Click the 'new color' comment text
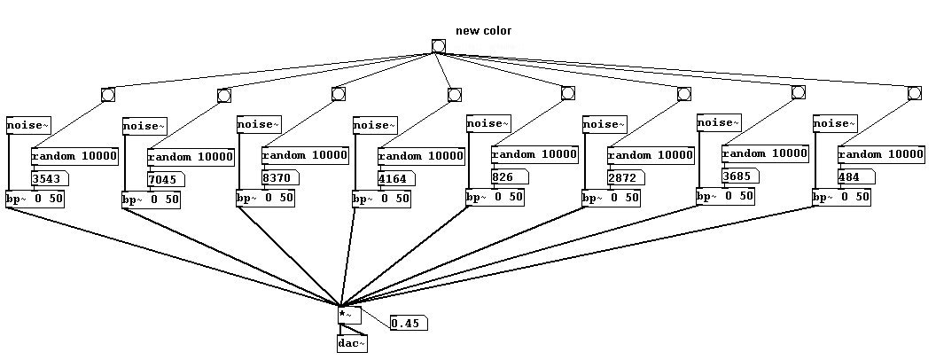click(484, 30)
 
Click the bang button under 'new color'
click(438, 46)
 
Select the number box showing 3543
click(50, 178)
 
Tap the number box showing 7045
click(166, 179)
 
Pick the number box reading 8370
click(280, 177)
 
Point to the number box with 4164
click(396, 178)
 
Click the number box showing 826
click(510, 176)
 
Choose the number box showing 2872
click(626, 178)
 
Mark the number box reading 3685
click(740, 176)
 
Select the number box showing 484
click(856, 177)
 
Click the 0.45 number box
click(409, 324)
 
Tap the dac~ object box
click(352, 344)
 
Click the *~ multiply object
click(349, 315)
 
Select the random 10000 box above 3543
click(74, 157)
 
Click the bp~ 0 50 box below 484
click(841, 198)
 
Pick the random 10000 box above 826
click(534, 154)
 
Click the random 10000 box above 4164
click(421, 156)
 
